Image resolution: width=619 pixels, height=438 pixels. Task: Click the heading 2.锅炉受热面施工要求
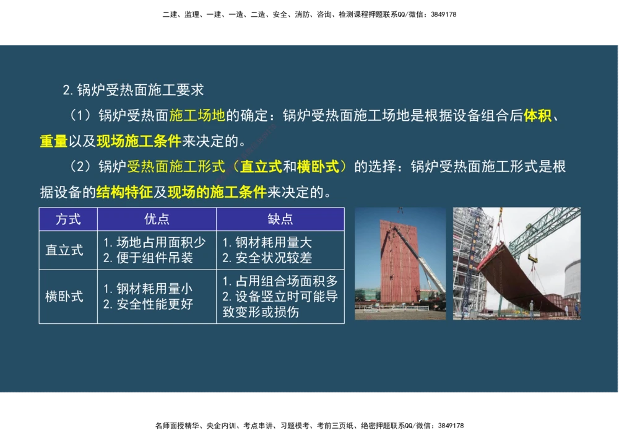[x=133, y=90]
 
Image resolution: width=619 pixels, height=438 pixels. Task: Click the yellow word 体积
[x=537, y=116]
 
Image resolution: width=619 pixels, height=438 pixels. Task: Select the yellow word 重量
[x=53, y=141]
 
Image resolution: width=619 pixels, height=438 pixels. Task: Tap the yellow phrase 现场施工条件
[x=139, y=141]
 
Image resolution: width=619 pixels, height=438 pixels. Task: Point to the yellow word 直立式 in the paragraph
[x=261, y=167]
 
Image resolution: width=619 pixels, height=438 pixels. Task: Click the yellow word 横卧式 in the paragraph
[x=318, y=167]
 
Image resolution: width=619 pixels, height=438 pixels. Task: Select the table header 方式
[x=68, y=219]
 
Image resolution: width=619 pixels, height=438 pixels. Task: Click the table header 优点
[x=157, y=219]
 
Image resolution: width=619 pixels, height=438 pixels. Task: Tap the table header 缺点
[x=280, y=219]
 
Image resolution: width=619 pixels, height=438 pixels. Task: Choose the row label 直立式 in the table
[x=64, y=250]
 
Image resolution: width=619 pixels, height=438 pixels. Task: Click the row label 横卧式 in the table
[x=64, y=297]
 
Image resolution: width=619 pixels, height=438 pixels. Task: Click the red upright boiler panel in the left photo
[x=400, y=260]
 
